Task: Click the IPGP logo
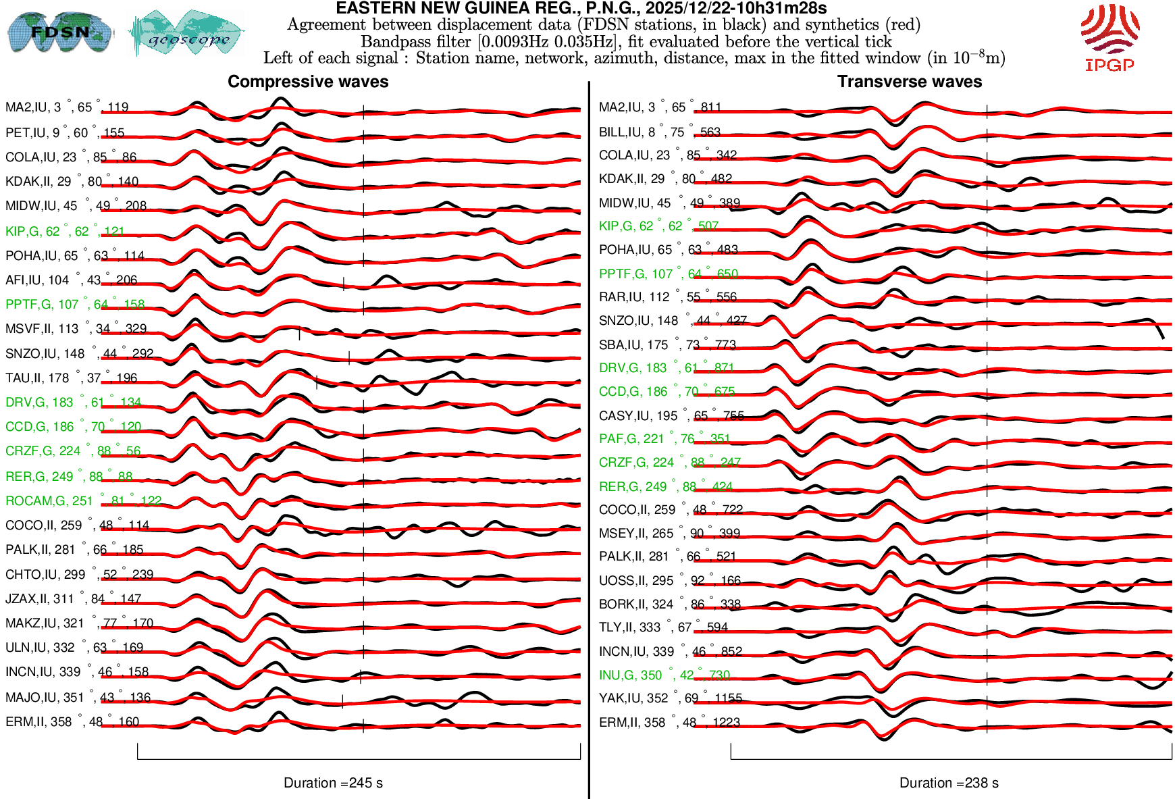point(1109,37)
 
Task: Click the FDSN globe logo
point(59,32)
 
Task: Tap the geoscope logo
point(187,33)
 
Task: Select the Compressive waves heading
point(308,82)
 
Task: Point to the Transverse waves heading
point(910,82)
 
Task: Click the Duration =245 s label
point(333,783)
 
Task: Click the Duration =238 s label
point(949,783)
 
